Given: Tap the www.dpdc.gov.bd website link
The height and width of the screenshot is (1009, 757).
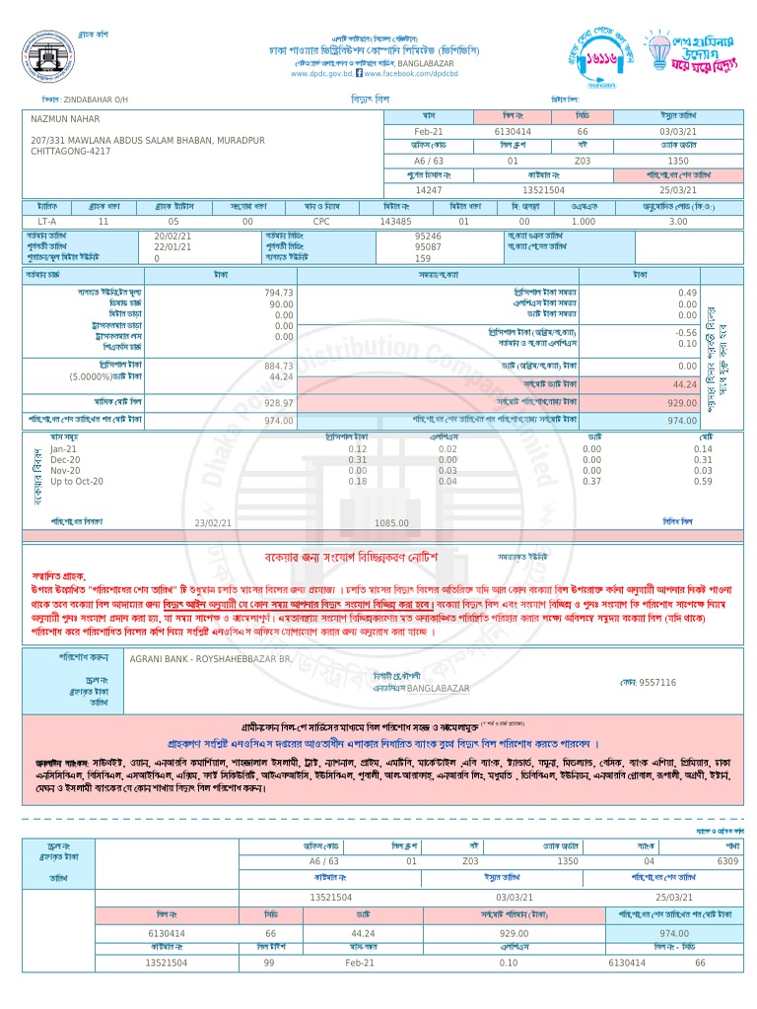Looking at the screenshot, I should pyautogui.click(x=320, y=74).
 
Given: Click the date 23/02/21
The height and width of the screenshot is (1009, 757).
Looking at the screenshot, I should pyautogui.click(x=213, y=523).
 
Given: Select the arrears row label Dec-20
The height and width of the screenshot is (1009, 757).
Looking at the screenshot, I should pyautogui.click(x=66, y=460).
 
